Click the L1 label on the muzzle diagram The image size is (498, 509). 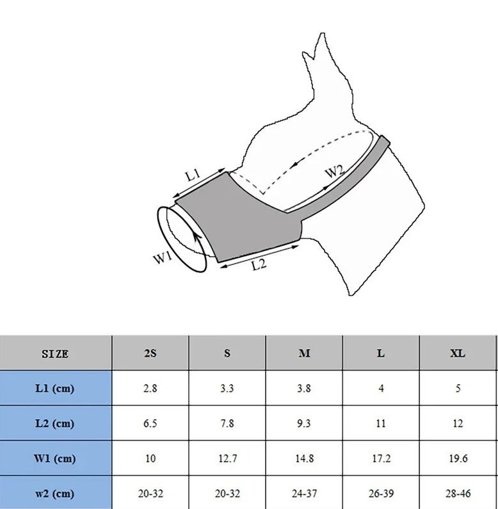click(x=193, y=175)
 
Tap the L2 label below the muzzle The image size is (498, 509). click(x=259, y=264)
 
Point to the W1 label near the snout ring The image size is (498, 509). click(x=163, y=258)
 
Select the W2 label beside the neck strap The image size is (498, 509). click(x=335, y=171)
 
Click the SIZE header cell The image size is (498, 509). click(x=55, y=353)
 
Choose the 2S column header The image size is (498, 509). click(x=150, y=353)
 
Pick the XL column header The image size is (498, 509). click(x=458, y=353)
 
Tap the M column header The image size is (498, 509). click(x=304, y=353)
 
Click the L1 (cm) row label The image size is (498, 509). click(x=54, y=388)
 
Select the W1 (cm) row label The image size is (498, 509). click(x=54, y=458)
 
